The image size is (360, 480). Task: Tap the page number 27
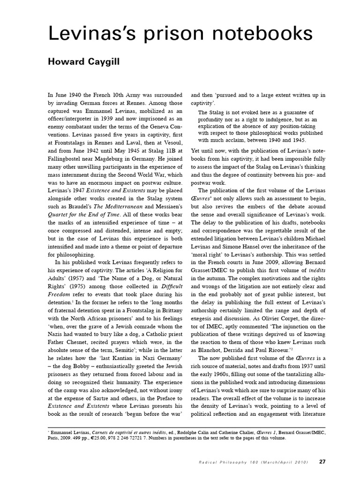coord(322,462)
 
